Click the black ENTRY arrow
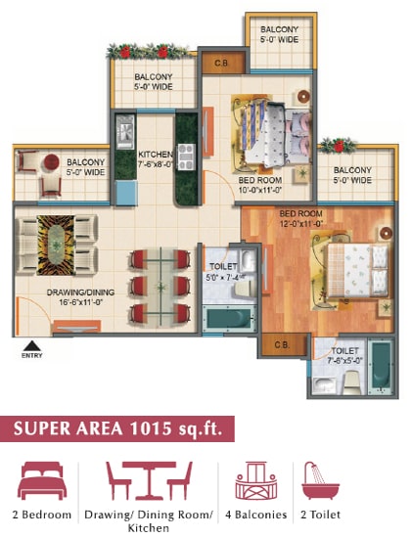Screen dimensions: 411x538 [x=32, y=346]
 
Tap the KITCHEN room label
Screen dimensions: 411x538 [x=156, y=155]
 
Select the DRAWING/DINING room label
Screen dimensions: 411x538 [x=80, y=292]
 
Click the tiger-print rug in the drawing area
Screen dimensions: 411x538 [x=56, y=245]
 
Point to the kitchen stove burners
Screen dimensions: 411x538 [x=186, y=157]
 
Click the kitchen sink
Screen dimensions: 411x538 [x=125, y=132]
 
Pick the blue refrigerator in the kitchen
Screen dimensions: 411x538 [x=126, y=193]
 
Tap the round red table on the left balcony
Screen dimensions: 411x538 [x=51, y=161]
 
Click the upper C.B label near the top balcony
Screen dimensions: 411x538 [x=221, y=64]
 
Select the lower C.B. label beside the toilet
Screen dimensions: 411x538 [x=282, y=345]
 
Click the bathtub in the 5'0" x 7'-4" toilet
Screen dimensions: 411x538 [x=229, y=319]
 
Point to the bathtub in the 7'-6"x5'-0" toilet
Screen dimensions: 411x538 [x=381, y=367]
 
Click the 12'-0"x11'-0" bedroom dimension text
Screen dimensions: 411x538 [x=301, y=224]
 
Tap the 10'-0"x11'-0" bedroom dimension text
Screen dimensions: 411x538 [x=260, y=191]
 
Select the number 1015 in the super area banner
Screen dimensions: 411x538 [x=150, y=428]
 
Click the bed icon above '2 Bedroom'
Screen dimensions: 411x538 [x=42, y=480]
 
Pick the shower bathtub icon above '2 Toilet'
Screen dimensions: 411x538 [x=320, y=480]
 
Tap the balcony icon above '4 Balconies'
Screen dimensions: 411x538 [x=255, y=480]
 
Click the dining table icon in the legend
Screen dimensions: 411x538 [x=149, y=480]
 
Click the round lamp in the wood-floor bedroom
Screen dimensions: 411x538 [x=386, y=233]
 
